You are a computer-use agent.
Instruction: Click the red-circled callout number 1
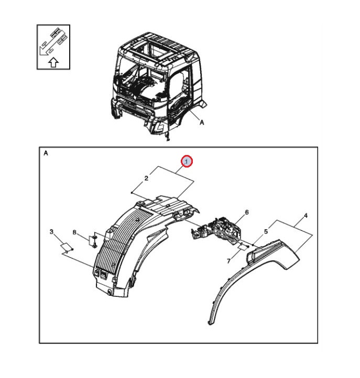click(187, 162)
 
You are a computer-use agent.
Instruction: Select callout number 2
click(146, 179)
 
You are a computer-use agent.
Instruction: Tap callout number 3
click(51, 232)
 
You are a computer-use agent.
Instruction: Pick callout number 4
click(306, 216)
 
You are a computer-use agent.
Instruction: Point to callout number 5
click(266, 231)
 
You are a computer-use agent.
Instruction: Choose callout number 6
click(247, 213)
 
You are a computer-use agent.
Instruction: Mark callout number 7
click(228, 261)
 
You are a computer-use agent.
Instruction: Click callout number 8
click(74, 232)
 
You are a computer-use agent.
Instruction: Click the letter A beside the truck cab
click(202, 123)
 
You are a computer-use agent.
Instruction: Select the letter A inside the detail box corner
click(46, 153)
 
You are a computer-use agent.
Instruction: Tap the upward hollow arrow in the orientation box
click(53, 62)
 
